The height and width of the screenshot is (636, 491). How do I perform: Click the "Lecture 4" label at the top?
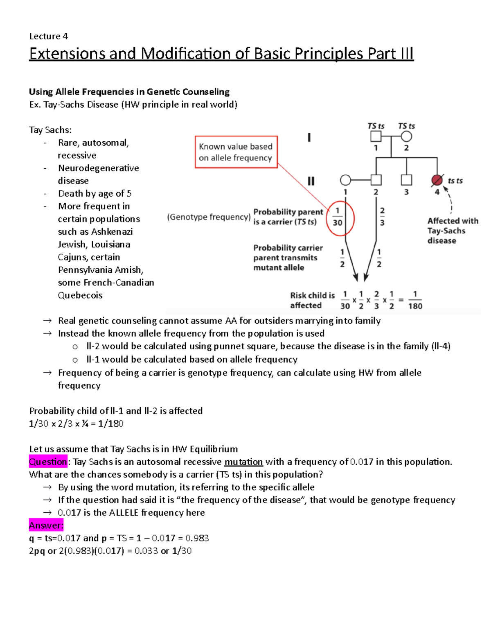pyautogui.click(x=48, y=36)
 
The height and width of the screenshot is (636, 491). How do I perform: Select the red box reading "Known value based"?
pyautogui.click(x=236, y=152)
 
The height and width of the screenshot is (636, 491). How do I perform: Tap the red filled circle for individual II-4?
pyautogui.click(x=437, y=180)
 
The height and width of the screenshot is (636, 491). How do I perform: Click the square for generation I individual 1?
pyautogui.click(x=376, y=136)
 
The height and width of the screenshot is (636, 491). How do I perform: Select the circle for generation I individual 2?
pyautogui.click(x=406, y=136)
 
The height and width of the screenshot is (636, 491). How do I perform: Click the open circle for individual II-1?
pyautogui.click(x=345, y=180)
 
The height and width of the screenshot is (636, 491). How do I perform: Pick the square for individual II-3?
pyautogui.click(x=406, y=180)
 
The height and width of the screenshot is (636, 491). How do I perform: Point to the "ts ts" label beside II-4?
pyautogui.click(x=455, y=181)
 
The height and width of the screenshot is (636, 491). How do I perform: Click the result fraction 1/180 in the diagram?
pyautogui.click(x=415, y=300)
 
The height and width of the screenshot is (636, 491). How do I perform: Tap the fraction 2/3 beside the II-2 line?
pyautogui.click(x=382, y=217)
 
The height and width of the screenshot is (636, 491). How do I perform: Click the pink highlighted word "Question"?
pyautogui.click(x=48, y=462)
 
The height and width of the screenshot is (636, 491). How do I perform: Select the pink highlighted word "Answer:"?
pyautogui.click(x=46, y=525)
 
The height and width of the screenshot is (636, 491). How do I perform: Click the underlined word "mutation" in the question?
pyautogui.click(x=243, y=462)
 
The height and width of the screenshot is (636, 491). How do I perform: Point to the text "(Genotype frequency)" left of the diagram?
pyautogui.click(x=209, y=217)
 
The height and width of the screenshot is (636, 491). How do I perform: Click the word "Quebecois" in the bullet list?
pyautogui.click(x=80, y=295)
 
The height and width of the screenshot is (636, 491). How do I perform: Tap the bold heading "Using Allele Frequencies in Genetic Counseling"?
pyautogui.click(x=129, y=92)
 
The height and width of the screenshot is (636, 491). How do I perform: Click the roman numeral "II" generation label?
pyautogui.click(x=311, y=181)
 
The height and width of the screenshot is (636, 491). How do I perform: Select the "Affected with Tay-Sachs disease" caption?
pyautogui.click(x=453, y=231)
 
